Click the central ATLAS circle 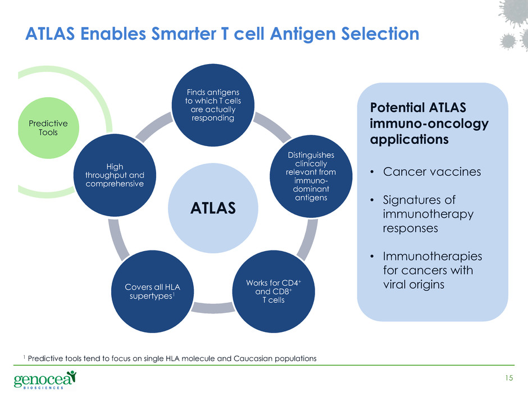click(213, 208)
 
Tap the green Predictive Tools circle click(48, 128)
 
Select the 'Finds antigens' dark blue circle click(213, 105)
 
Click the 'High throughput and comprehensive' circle click(115, 175)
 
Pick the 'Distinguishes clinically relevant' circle click(311, 176)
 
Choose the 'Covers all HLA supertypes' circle click(153, 292)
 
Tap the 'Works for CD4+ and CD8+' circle click(274, 292)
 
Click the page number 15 click(509, 378)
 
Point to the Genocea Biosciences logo click(45, 380)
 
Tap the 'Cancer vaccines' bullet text click(432, 172)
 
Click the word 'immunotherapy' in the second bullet click(428, 214)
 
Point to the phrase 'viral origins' click(413, 285)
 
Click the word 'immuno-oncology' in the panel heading click(429, 124)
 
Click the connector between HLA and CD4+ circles click(213, 308)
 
